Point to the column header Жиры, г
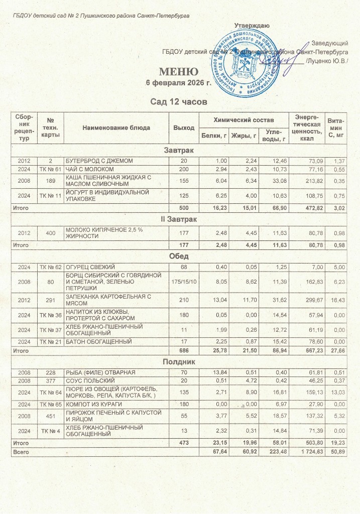(x=243, y=136)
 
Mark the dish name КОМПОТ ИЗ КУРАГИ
(x=90, y=404)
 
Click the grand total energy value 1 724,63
(x=306, y=453)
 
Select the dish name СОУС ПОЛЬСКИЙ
(x=85, y=381)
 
